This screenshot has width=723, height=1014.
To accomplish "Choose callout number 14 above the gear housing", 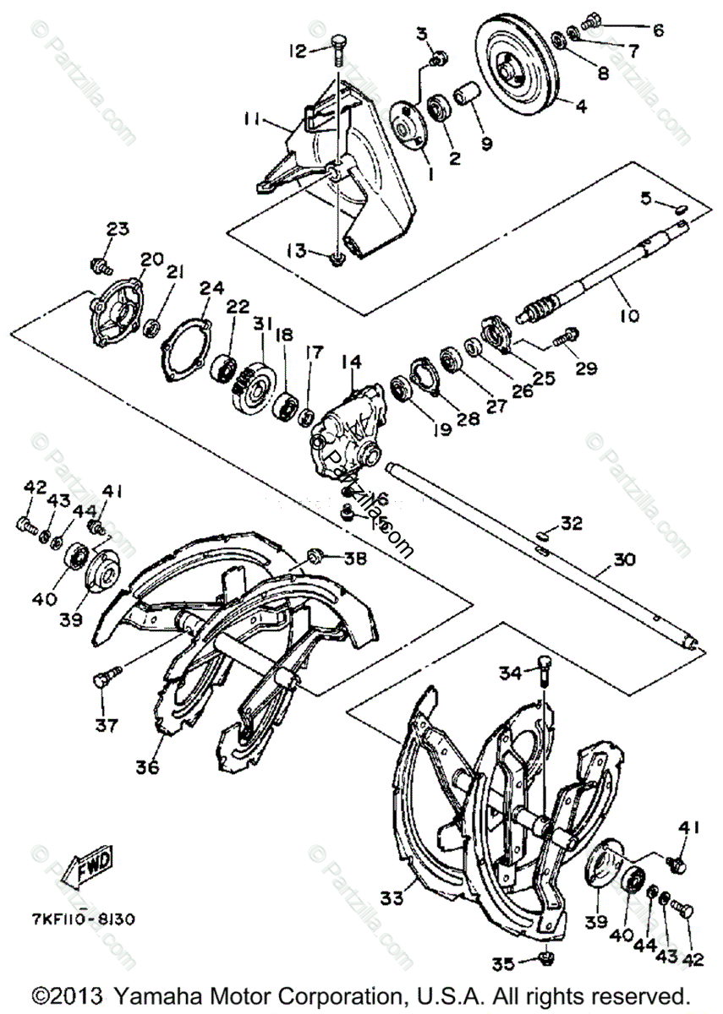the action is [350, 363].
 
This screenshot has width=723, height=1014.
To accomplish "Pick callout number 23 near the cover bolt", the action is [117, 229].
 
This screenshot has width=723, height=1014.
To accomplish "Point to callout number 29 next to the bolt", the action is [587, 368].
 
